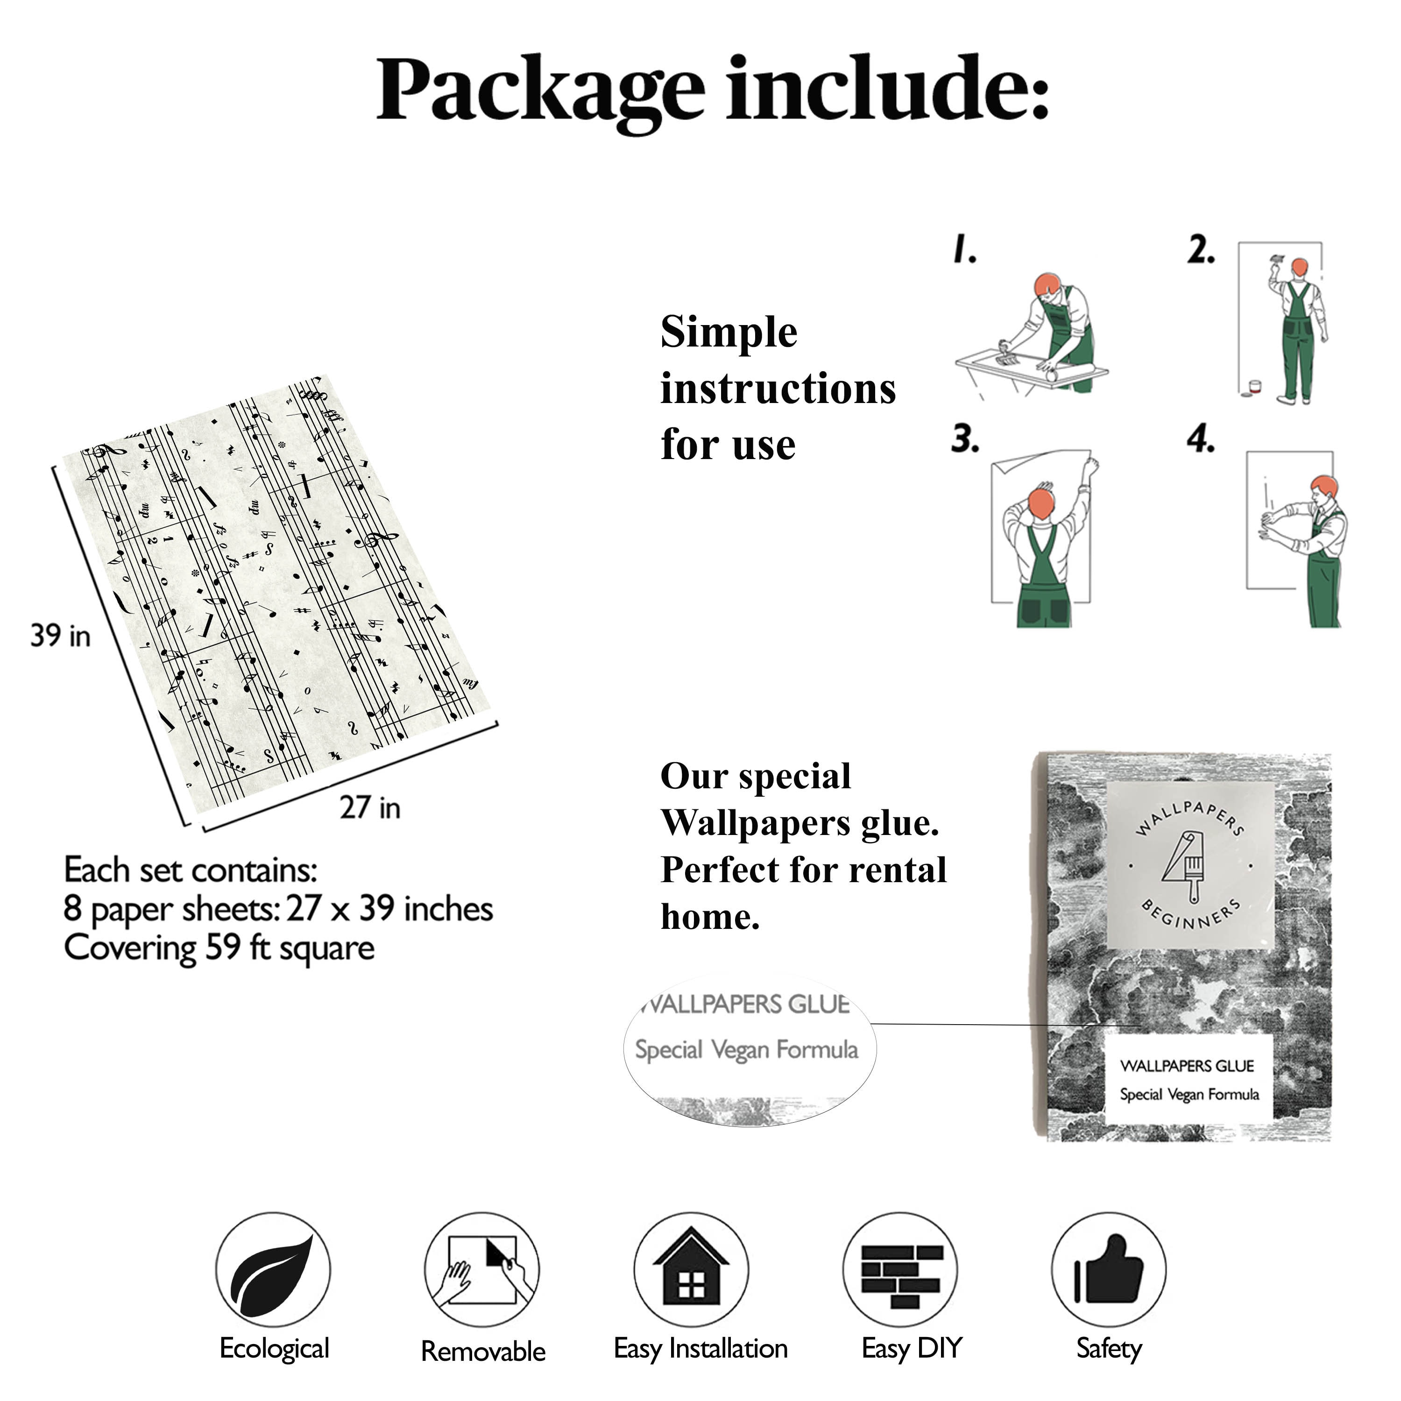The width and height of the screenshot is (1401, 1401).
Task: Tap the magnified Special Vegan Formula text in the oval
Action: pyautogui.click(x=747, y=1049)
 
